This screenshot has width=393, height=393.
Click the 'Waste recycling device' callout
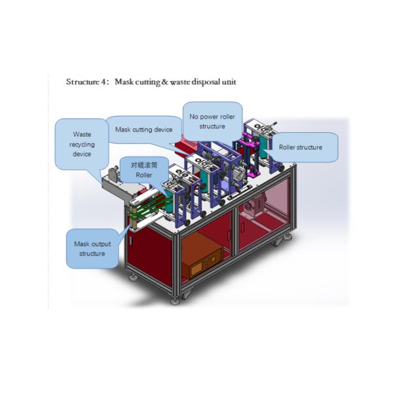(x=82, y=143)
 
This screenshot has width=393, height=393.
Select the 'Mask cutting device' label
(x=143, y=130)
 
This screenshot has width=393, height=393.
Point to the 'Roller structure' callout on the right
(x=301, y=147)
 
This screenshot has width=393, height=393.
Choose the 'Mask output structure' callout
(x=92, y=248)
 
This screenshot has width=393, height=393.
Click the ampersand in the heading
(x=164, y=83)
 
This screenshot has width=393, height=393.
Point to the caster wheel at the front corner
(x=176, y=299)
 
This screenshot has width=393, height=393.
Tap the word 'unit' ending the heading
(x=229, y=83)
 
